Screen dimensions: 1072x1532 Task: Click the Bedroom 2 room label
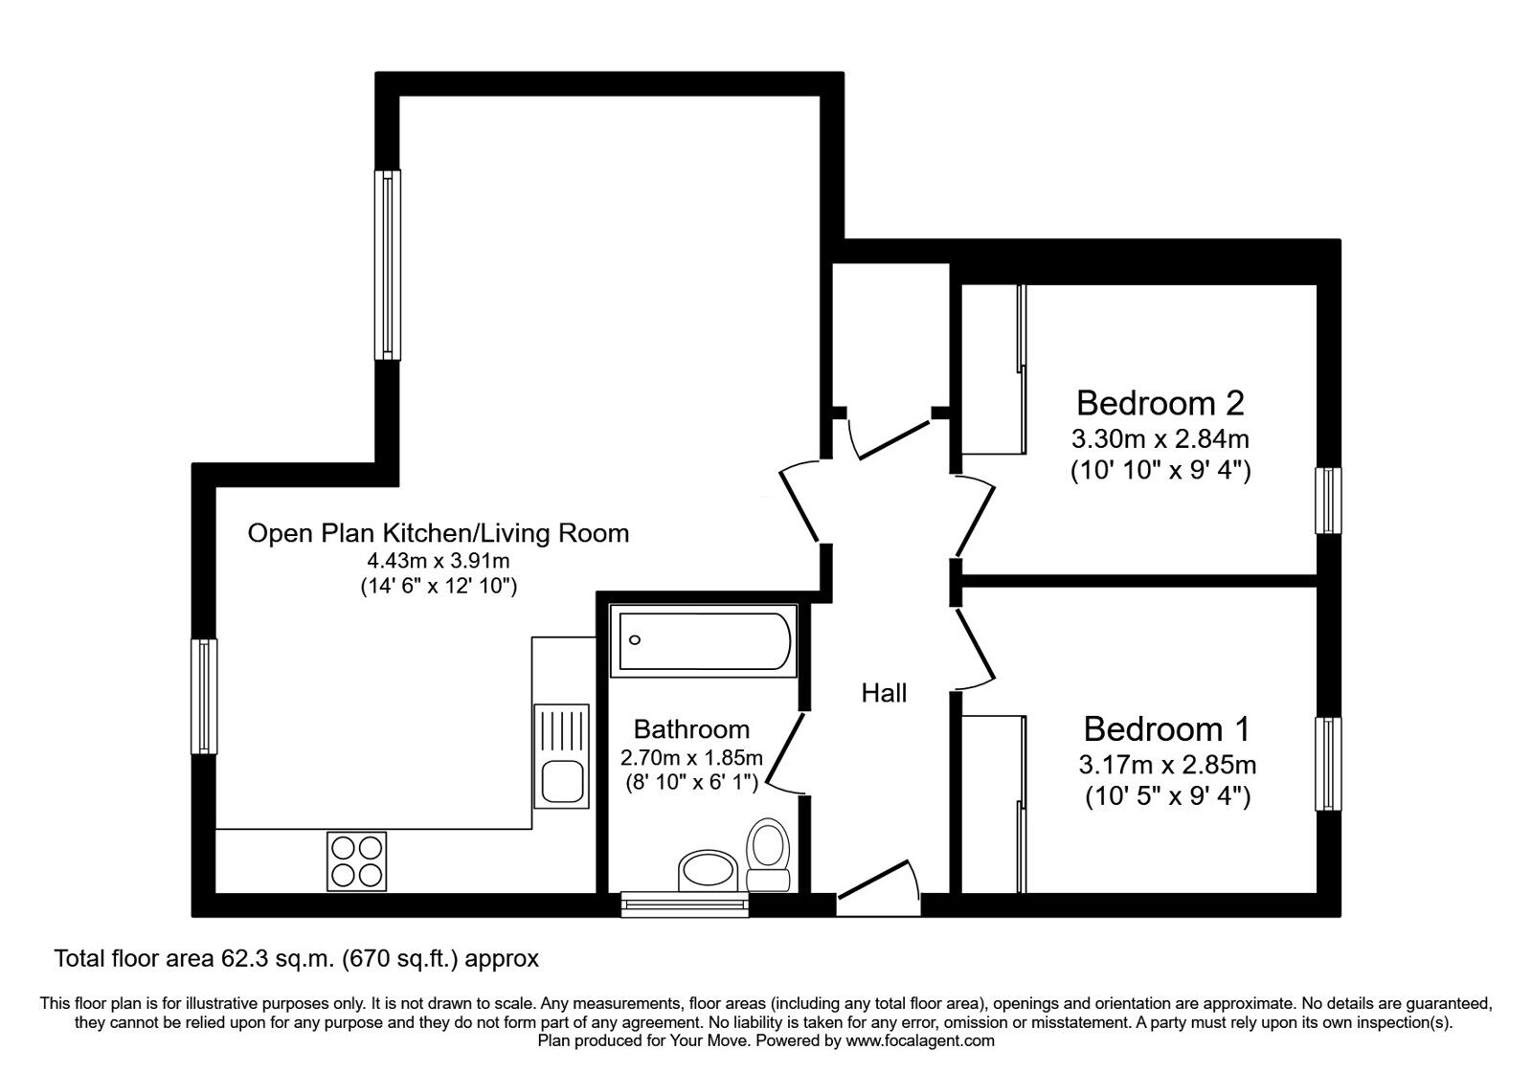[x=1160, y=403]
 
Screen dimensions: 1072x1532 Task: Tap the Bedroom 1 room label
[x=1166, y=729]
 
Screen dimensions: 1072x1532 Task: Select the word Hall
[x=884, y=693]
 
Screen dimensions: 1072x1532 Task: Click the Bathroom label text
[x=691, y=730]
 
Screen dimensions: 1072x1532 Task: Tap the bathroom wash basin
[x=708, y=871]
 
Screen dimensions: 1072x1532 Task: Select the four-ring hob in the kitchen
[x=358, y=860]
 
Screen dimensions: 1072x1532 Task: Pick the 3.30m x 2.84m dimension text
[x=1160, y=440]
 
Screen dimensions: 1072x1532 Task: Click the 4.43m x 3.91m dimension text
[x=439, y=561]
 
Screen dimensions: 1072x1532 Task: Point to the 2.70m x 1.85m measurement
[x=691, y=758]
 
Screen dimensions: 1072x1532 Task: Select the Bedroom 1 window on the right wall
[x=1329, y=763]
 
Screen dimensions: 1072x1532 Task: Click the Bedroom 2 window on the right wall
[x=1328, y=501]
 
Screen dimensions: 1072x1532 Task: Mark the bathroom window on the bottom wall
[x=684, y=903]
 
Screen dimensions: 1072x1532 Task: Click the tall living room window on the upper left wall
[x=387, y=265]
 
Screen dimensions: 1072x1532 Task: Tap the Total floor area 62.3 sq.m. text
[x=297, y=958]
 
